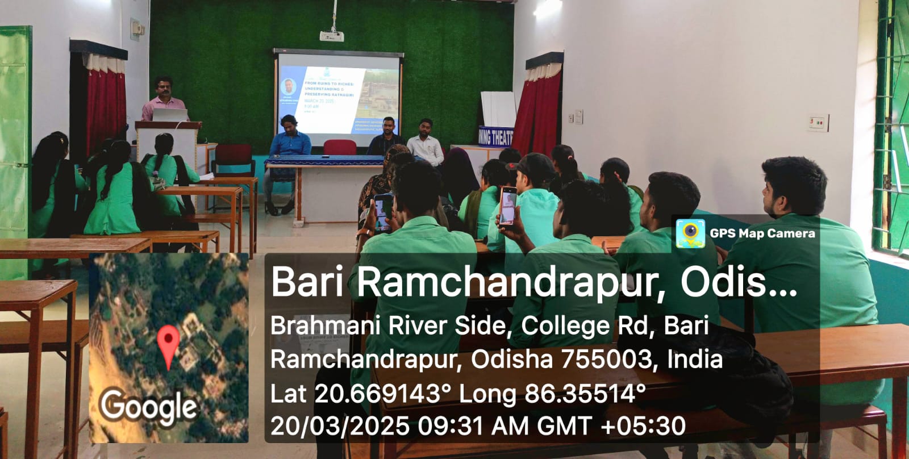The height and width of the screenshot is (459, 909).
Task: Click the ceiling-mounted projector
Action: pyautogui.click(x=331, y=36)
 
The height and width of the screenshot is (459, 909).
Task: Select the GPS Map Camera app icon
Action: pyautogui.click(x=690, y=233)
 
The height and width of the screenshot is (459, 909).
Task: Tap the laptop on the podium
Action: pyautogui.click(x=170, y=115)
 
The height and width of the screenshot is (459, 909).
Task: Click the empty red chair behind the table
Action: pyautogui.click(x=339, y=148)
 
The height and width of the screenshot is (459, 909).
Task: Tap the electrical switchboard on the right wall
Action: pyautogui.click(x=818, y=122)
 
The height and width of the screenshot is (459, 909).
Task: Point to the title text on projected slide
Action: pyautogui.click(x=330, y=89)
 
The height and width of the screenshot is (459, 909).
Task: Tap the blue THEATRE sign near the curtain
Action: pyautogui.click(x=495, y=136)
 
